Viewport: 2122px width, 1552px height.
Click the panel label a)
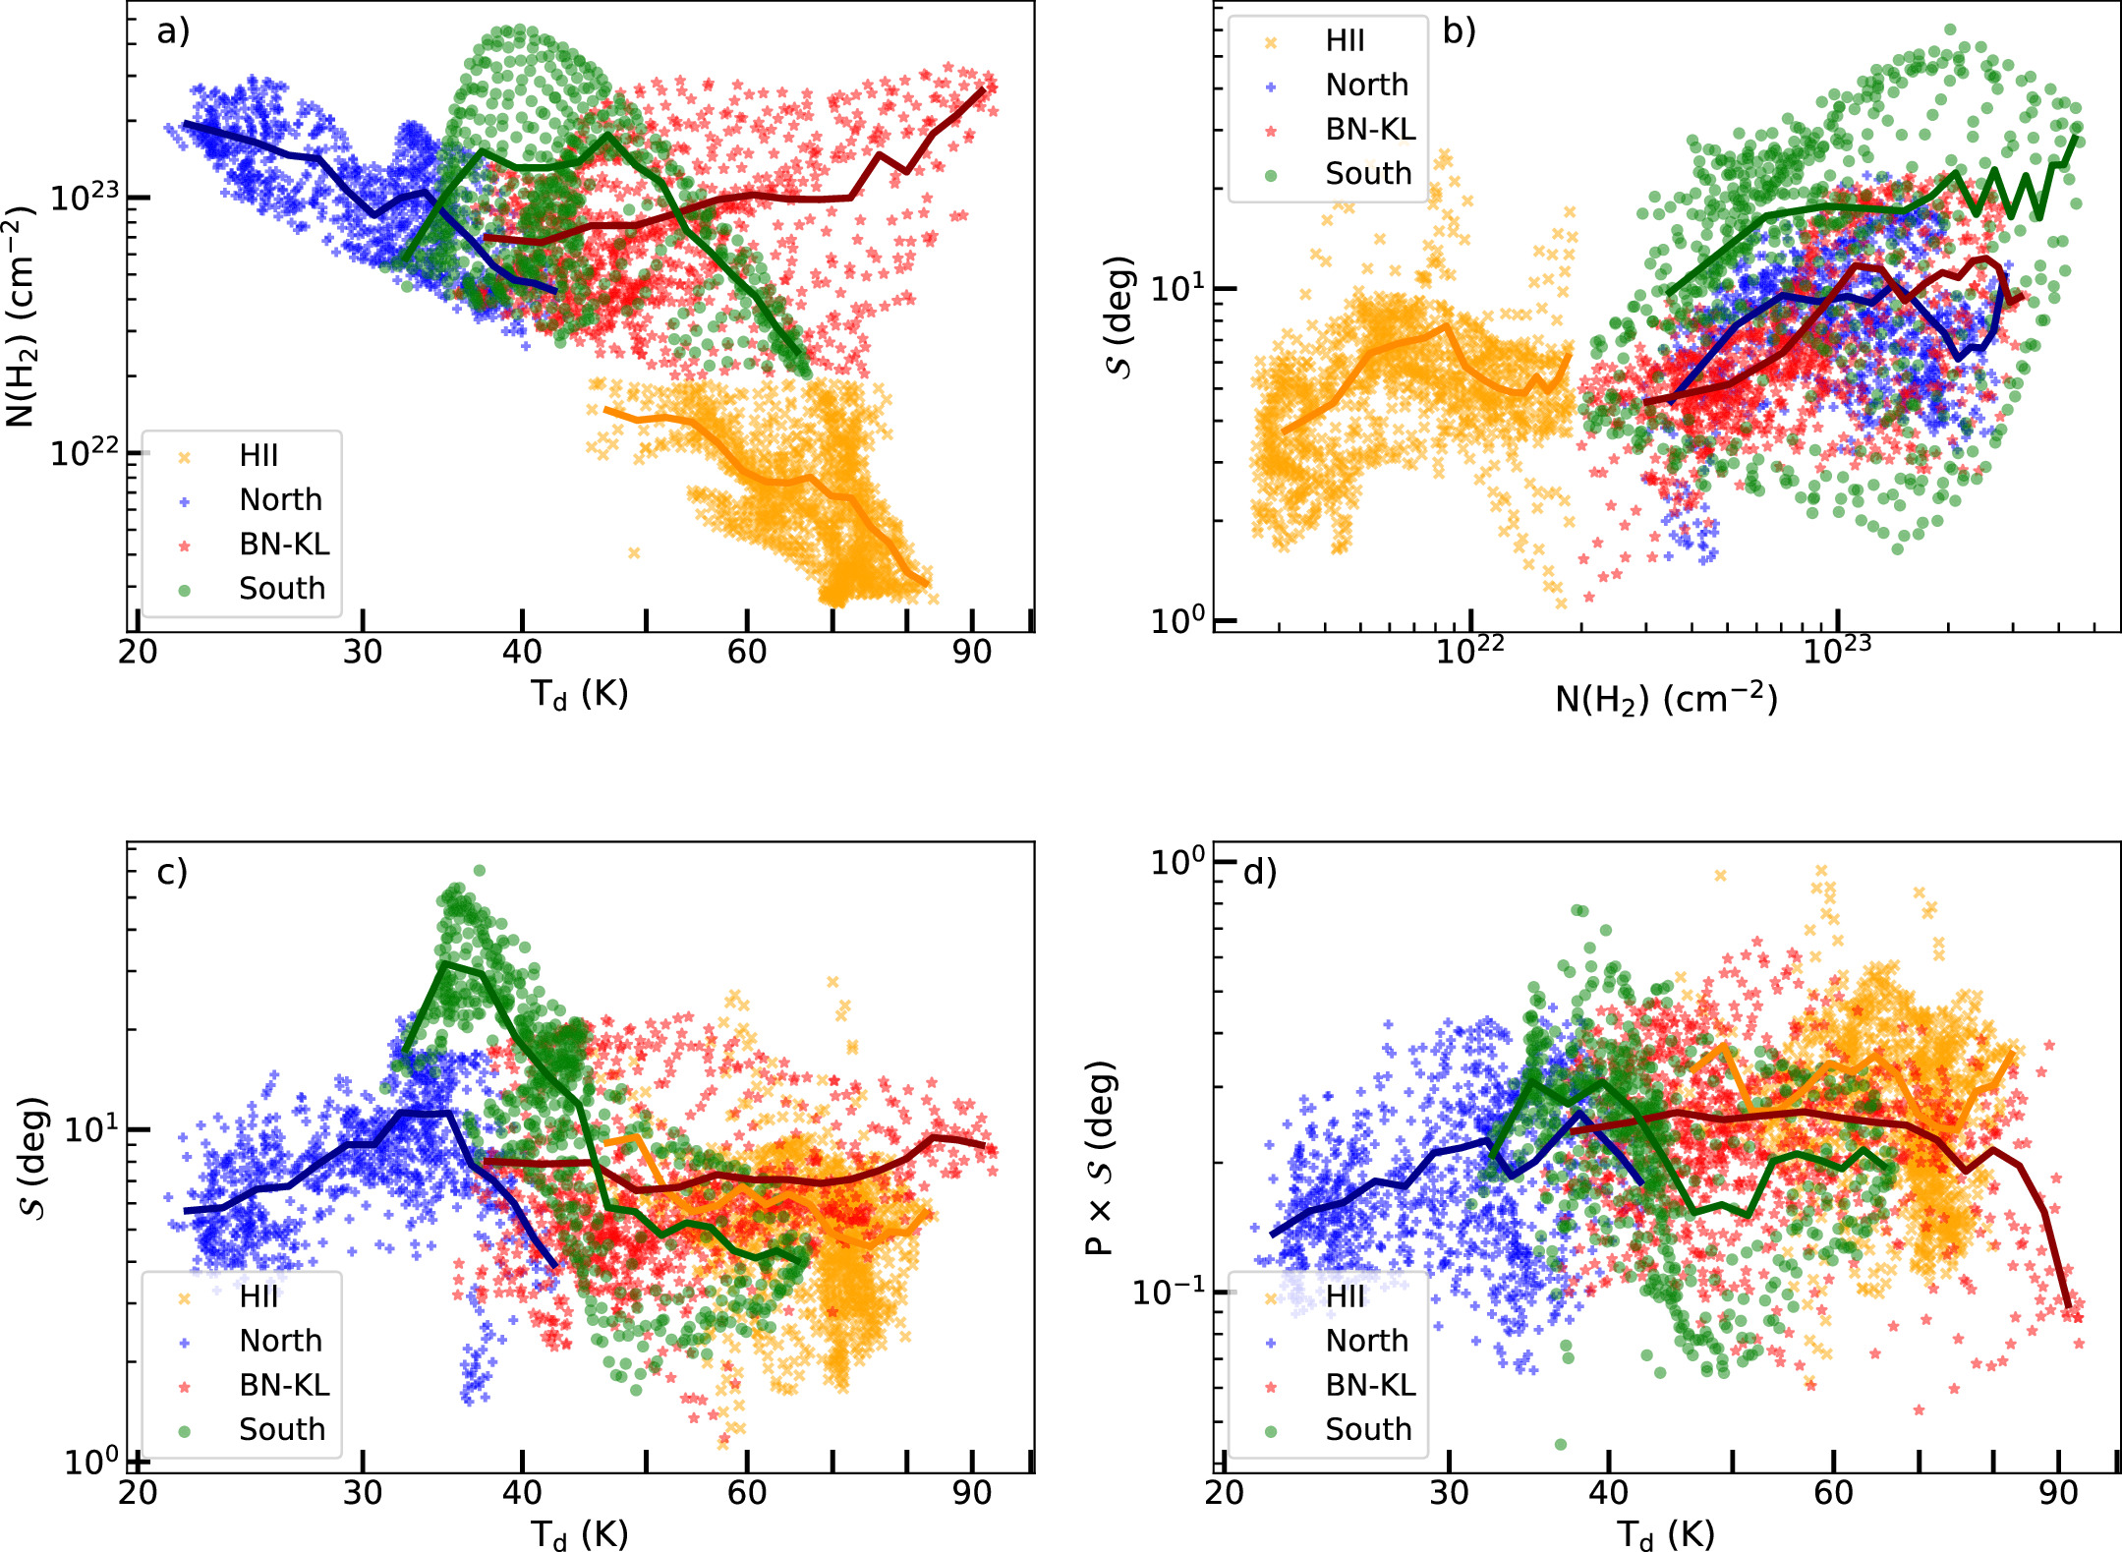pos(173,31)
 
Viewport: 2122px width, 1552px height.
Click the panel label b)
pos(1459,31)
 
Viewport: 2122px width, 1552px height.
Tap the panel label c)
pos(172,872)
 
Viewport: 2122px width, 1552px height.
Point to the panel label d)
pos(1259,872)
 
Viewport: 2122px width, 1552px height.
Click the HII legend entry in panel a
pos(258,456)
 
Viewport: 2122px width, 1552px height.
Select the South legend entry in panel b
pos(1368,174)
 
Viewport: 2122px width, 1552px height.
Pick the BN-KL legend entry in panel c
pos(284,1385)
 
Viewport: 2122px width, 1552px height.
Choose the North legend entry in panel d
pos(1366,1341)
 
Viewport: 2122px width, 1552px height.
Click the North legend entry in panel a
pos(280,500)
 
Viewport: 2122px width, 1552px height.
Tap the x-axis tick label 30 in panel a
pos(363,652)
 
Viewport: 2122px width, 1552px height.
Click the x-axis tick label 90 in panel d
pos(2058,1493)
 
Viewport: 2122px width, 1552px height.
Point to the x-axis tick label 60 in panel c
pos(747,1493)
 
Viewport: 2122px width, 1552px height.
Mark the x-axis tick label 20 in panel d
pos(1225,1493)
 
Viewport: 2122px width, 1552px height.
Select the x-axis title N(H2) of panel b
pos(1666,700)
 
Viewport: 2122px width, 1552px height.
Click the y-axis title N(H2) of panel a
pos(22,316)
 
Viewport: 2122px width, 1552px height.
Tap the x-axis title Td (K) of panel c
pos(579,1534)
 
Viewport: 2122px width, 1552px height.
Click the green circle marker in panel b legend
pos(1271,175)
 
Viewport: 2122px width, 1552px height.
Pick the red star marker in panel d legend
pos(1271,1386)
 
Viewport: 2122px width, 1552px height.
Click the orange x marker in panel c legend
pos(184,1297)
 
